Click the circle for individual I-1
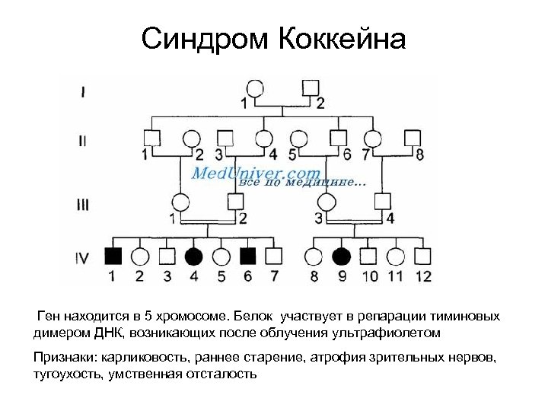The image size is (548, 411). (253, 87)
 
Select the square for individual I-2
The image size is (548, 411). (311, 87)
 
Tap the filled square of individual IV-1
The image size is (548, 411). (112, 256)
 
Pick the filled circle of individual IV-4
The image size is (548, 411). (194, 256)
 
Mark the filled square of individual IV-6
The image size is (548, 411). (248, 256)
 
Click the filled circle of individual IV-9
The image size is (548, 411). (341, 256)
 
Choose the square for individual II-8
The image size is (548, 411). (412, 138)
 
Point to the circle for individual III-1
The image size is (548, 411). (180, 202)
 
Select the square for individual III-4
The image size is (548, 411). (382, 202)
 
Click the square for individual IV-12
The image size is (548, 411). (423, 256)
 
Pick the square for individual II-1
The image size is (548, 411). (151, 138)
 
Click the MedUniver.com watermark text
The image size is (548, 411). (256, 173)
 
